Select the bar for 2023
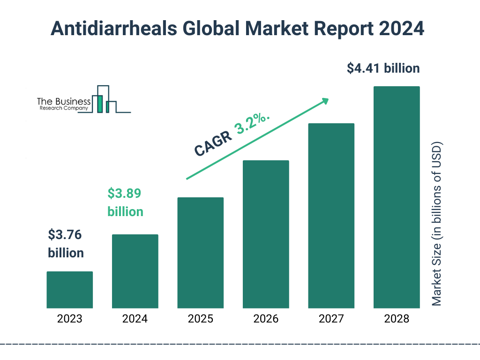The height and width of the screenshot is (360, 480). (69, 290)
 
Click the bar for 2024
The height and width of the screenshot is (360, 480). (135, 271)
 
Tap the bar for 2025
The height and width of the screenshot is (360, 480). (200, 253)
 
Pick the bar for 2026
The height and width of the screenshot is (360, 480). (266, 234)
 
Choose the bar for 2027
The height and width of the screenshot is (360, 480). (331, 216)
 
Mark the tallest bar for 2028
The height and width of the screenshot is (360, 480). (397, 197)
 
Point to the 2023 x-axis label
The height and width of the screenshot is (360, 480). (69, 319)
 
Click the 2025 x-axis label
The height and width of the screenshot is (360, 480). (200, 319)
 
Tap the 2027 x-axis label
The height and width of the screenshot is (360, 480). (331, 319)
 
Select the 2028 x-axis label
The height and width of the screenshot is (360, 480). (397, 319)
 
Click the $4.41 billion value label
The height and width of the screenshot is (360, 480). (383, 68)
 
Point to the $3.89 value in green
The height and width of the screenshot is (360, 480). (124, 193)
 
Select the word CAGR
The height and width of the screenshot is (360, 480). (212, 143)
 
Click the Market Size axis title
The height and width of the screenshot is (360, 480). (437, 224)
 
